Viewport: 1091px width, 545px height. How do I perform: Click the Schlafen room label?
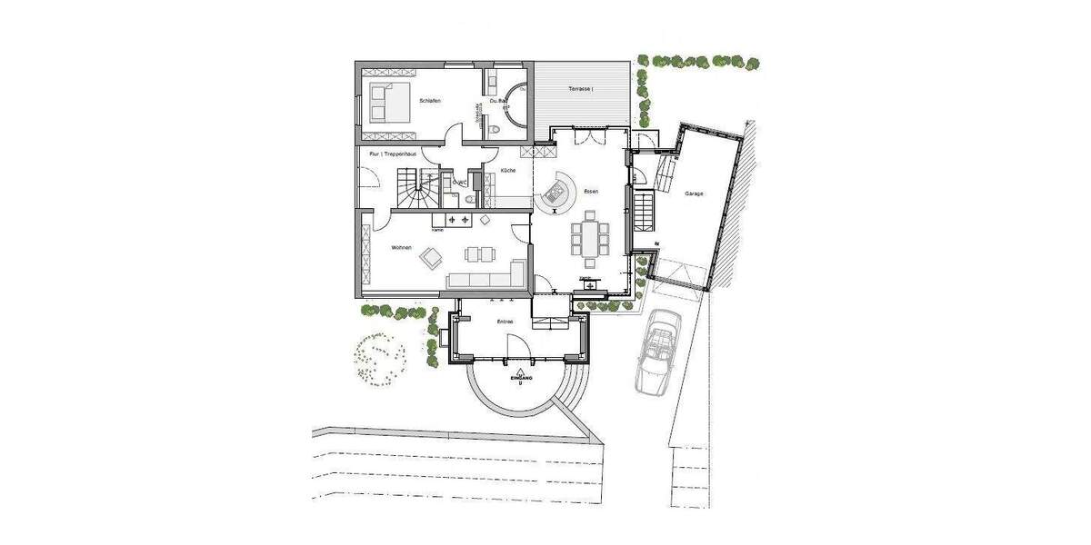click(430, 101)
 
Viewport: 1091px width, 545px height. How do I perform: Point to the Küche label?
click(508, 171)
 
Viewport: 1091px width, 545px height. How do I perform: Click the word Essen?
click(591, 192)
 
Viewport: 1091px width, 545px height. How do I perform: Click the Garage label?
click(695, 193)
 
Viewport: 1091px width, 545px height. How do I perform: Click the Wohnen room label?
click(402, 247)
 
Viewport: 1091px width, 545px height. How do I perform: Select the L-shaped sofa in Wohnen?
click(486, 278)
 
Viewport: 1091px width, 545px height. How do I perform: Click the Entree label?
click(505, 322)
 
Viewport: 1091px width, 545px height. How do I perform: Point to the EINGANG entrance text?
click(519, 376)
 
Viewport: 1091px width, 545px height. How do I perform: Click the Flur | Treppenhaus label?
click(393, 154)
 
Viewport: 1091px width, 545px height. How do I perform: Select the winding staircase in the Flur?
click(412, 192)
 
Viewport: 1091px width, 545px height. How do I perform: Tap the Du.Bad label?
click(497, 101)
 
